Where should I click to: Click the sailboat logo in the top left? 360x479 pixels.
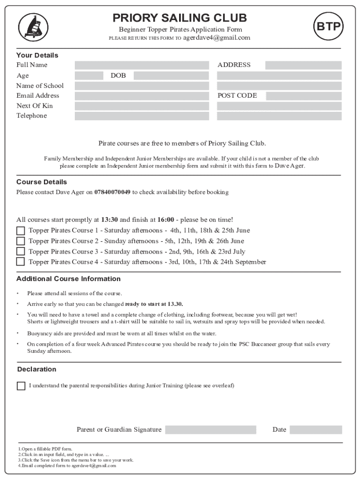pos(33,26)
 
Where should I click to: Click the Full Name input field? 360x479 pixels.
pos(142,65)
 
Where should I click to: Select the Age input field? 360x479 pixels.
pos(89,75)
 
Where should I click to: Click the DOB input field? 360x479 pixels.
pos(171,75)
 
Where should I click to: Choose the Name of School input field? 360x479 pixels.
pos(142,86)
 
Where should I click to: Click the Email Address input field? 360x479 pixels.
pos(142,96)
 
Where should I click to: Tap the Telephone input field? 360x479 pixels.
pos(142,116)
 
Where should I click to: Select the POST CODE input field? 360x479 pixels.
pos(303,96)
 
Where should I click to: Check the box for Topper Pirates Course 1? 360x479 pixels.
pos(21,231)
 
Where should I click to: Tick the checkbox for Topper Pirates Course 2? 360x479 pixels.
pos(21,241)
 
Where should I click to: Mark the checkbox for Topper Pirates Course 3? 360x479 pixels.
pos(21,252)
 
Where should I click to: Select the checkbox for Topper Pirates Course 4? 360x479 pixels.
pos(21,262)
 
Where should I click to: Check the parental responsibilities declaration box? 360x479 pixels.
pos(21,386)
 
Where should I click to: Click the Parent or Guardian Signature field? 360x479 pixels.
pos(210,430)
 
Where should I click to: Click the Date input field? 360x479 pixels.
pos(315,430)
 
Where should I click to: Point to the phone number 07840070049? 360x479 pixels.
pos(112,192)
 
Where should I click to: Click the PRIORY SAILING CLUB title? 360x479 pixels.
pos(180,18)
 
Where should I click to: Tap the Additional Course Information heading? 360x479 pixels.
pos(68,279)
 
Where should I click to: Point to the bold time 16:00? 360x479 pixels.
pos(166,220)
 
